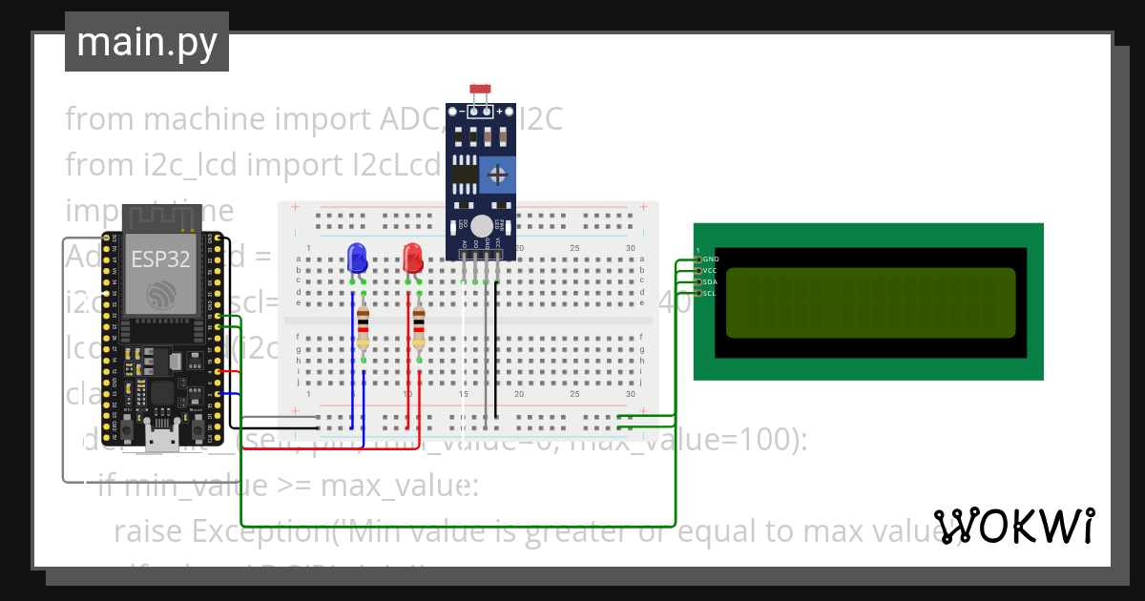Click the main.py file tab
(146, 42)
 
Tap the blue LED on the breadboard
(358, 259)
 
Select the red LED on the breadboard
(412, 259)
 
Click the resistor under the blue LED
(363, 329)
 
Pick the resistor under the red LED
(418, 329)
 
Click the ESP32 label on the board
(160, 259)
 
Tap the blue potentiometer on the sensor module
(498, 175)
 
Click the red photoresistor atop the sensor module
(480, 89)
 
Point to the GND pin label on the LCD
(710, 259)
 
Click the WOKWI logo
(1014, 526)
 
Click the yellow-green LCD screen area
(870, 303)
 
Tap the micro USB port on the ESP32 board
(161, 438)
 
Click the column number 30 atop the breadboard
(630, 248)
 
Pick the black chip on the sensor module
(465, 174)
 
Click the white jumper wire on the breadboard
(464, 363)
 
